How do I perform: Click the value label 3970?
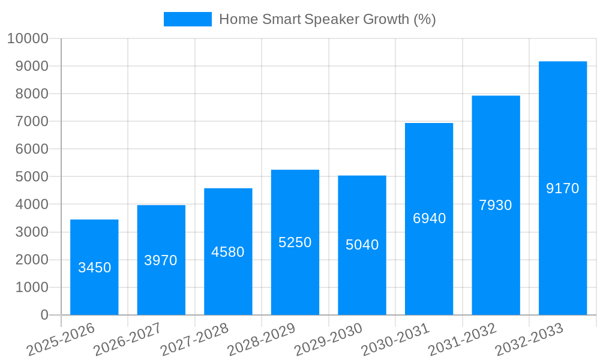tap(161, 260)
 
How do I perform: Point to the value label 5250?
tap(295, 242)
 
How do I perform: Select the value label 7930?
tap(496, 205)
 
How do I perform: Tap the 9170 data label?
tap(563, 188)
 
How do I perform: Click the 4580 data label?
tap(228, 252)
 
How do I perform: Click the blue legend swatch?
tap(188, 19)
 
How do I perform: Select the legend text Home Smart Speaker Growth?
tap(327, 19)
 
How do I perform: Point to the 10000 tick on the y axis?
tap(28, 38)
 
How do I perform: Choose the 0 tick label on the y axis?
tap(44, 315)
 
